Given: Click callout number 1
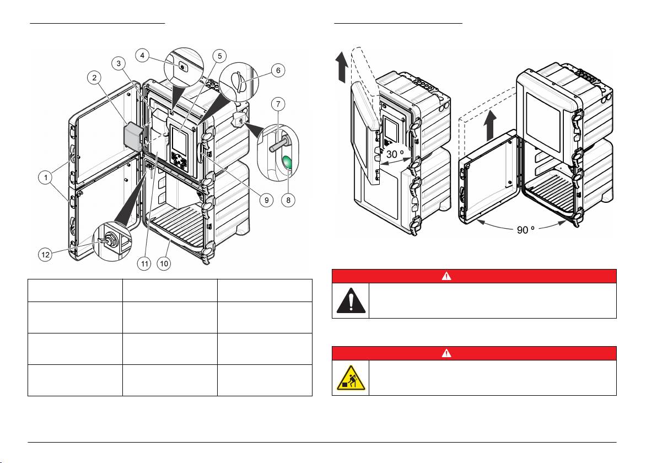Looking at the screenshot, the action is click(46, 177).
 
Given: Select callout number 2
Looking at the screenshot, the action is click(94, 78).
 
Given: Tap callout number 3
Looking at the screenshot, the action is click(119, 63).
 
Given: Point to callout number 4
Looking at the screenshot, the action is click(142, 55).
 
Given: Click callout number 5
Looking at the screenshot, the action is click(219, 56).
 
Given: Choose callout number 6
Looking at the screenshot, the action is click(278, 71).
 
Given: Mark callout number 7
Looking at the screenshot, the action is click(278, 104).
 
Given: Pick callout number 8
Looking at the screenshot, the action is click(288, 200).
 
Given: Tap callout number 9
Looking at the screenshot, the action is click(266, 200).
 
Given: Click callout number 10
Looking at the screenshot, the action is click(164, 263).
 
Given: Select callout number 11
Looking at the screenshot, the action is click(144, 263).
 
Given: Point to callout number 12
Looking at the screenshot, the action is click(45, 254).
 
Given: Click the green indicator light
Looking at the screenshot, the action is click(288, 162).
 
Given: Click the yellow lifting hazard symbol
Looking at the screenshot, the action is click(351, 378).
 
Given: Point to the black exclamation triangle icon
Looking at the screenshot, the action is click(351, 301).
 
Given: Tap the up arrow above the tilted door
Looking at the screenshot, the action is click(342, 66).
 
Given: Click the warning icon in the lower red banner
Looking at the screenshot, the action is click(446, 353).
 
